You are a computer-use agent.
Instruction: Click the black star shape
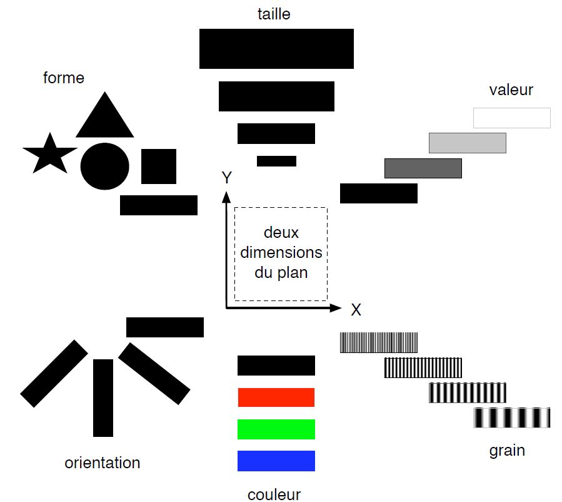tap(49, 155)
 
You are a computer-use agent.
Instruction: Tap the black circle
tap(104, 166)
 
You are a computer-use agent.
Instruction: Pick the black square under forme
tap(158, 166)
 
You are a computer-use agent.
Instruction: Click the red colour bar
tap(276, 397)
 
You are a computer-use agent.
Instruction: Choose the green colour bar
tap(276, 429)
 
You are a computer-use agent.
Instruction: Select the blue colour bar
tap(276, 461)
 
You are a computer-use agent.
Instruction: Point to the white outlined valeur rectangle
tap(511, 118)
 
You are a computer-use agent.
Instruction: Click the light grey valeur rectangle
tap(467, 143)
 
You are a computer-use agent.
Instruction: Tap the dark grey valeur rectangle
tap(423, 168)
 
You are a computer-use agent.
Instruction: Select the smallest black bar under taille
tap(276, 161)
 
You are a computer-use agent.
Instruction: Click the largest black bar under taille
tap(276, 49)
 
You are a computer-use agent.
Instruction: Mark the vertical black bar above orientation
tap(103, 397)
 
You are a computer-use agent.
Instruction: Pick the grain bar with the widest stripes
tap(511, 417)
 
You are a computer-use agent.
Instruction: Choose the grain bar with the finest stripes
tap(378, 342)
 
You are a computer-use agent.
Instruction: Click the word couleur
tap(274, 494)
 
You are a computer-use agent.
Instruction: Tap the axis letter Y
tap(227, 178)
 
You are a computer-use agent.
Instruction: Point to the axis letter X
tap(356, 309)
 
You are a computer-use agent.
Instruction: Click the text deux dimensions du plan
tap(281, 253)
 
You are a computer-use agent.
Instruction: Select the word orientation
tap(103, 463)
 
